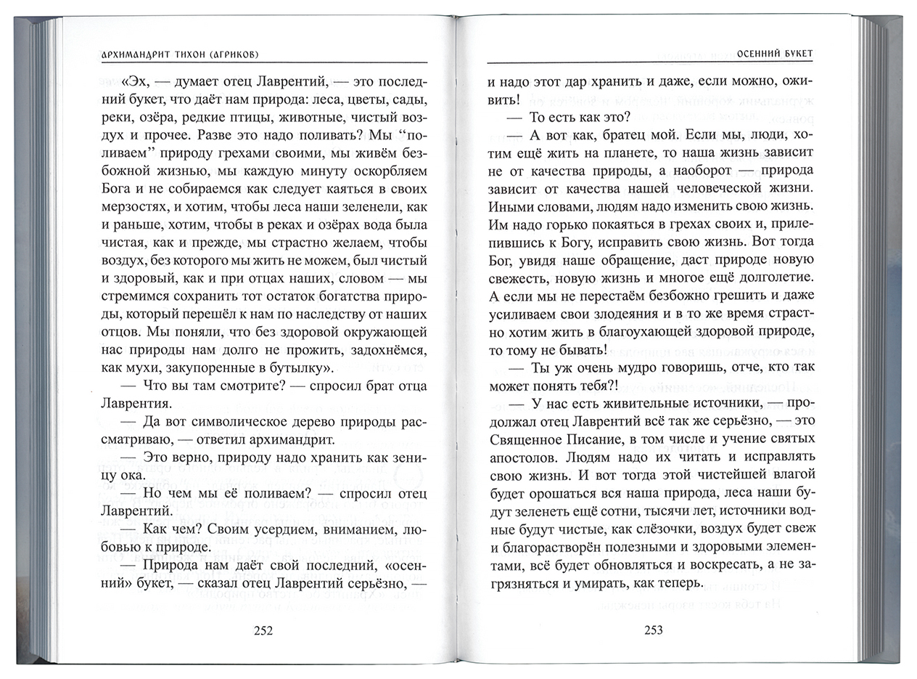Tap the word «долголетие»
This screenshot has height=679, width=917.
pyautogui.click(x=764, y=277)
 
